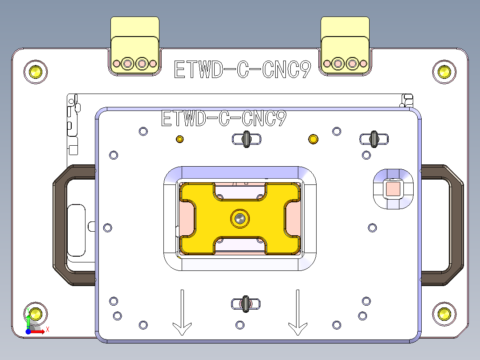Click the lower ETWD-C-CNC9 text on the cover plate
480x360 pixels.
(x=223, y=119)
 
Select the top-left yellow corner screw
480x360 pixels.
(x=36, y=71)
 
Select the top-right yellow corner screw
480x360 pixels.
(x=444, y=71)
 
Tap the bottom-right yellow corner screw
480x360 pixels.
(x=444, y=314)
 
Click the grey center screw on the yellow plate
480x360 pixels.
(x=240, y=218)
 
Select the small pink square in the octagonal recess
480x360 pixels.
(x=393, y=189)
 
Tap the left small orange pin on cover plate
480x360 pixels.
(x=180, y=139)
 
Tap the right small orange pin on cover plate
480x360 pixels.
(x=313, y=139)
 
